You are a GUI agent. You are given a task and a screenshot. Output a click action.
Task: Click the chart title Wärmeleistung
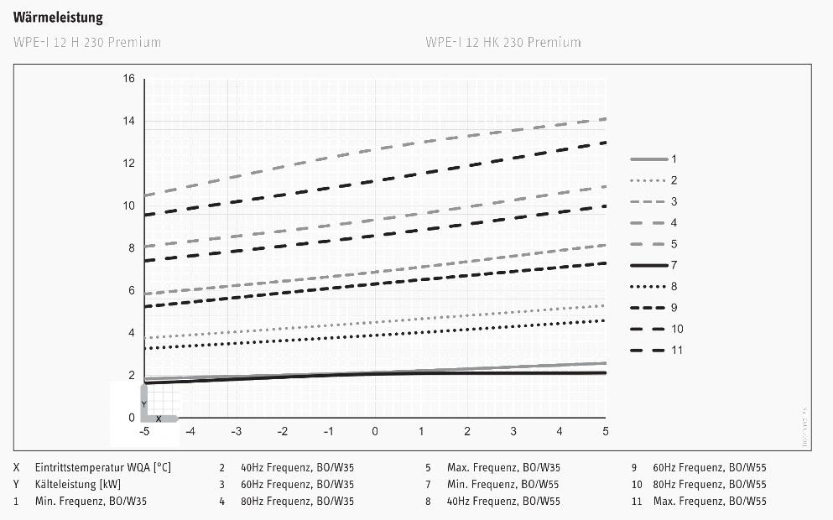58,18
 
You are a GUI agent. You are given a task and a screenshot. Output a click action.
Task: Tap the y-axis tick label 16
128,79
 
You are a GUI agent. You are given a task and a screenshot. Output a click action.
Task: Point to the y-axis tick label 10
128,205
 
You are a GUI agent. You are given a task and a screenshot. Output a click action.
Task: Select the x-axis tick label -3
236,432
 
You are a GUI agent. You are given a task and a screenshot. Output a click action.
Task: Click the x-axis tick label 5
606,432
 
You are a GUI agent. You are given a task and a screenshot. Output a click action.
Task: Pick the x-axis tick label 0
375,432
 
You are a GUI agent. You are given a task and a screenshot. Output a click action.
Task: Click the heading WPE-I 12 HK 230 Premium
502,42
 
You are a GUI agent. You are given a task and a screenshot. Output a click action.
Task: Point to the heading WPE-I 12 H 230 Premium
87,42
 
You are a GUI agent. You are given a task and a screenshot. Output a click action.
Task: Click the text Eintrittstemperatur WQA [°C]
103,467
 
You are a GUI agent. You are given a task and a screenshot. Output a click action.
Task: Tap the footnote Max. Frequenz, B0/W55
710,501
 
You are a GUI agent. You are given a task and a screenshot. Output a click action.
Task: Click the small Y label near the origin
144,404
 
